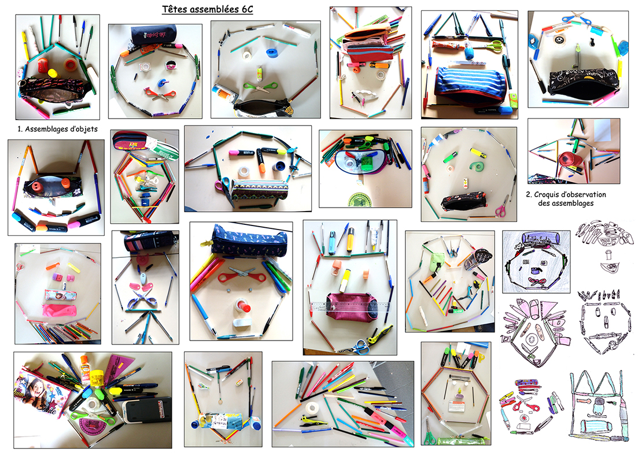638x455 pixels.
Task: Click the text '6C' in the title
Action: pos(246,9)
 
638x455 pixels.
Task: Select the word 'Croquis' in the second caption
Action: pos(548,195)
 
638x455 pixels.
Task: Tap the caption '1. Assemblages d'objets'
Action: pos(57,130)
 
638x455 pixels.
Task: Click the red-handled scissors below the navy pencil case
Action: pos(241,276)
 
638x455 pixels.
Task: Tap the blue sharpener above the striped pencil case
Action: pos(470,52)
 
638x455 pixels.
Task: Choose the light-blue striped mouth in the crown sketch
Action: pos(595,427)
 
